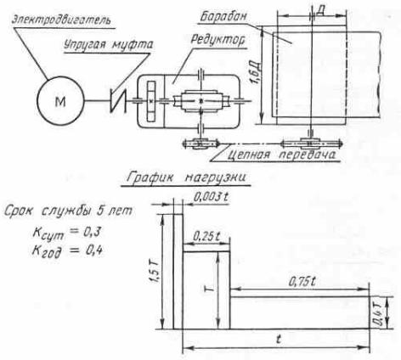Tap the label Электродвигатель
pos(61,20)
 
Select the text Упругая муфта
pos(108,45)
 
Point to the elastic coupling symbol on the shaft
pos(118,101)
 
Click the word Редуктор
pos(217,40)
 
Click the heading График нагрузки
pos(186,177)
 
